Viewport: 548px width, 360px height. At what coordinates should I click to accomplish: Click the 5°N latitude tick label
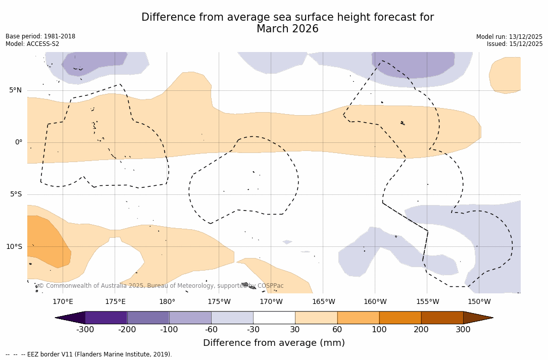[15, 90]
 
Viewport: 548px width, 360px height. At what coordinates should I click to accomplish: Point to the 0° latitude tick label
[19, 142]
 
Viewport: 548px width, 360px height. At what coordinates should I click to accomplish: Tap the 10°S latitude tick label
[14, 247]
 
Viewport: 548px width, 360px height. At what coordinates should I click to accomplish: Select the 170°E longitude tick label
[63, 302]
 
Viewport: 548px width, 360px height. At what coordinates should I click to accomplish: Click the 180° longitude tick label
[167, 302]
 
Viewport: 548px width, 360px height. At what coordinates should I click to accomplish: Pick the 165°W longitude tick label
[323, 302]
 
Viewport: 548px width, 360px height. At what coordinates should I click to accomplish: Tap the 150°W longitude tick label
[479, 302]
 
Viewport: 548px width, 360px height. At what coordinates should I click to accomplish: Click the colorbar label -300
[85, 330]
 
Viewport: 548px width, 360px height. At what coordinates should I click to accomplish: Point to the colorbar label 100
[379, 330]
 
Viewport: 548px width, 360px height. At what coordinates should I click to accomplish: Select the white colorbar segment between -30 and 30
[274, 318]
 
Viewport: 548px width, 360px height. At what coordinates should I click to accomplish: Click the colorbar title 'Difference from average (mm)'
[274, 343]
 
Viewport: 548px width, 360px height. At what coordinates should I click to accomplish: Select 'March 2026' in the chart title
[287, 29]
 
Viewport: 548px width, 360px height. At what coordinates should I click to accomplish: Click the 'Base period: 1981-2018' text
[40, 36]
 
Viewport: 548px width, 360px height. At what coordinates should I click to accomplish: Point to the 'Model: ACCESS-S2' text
[32, 44]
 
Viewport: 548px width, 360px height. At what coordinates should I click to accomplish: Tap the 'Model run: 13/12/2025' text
[509, 37]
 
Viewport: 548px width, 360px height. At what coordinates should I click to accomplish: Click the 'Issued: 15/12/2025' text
[515, 44]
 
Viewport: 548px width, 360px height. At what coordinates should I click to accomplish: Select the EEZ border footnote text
[89, 354]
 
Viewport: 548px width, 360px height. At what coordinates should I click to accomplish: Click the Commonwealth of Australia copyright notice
[161, 286]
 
